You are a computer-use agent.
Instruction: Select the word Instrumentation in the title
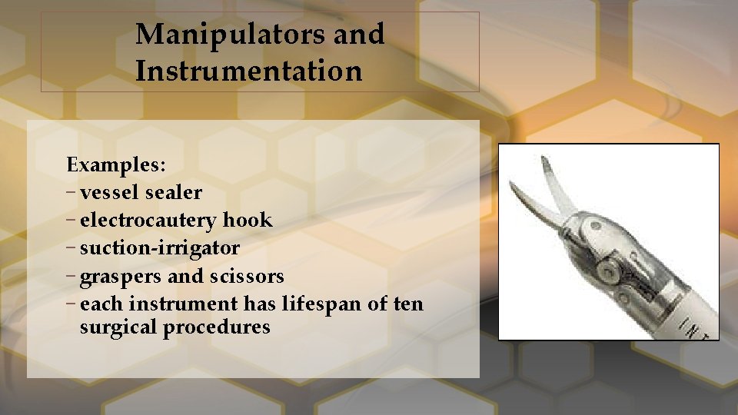coord(248,71)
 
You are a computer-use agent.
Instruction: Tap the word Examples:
coord(115,164)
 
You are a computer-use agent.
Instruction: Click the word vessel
coord(109,192)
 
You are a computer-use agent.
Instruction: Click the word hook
coord(248,221)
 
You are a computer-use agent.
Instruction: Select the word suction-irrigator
coord(159,248)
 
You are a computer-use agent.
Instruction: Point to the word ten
coord(407,304)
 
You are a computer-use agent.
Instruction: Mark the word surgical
coord(118,328)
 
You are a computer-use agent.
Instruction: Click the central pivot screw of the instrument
coord(610,267)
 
